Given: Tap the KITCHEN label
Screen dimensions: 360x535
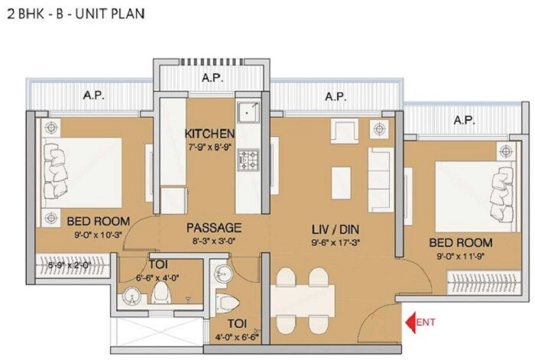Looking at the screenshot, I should tap(209, 134).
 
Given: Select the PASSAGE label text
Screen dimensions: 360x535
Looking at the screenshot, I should tap(215, 228).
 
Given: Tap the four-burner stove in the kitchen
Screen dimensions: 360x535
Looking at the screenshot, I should tap(248, 160).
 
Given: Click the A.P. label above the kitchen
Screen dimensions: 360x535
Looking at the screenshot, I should tap(211, 78).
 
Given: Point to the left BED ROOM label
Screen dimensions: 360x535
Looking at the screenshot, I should tap(98, 222).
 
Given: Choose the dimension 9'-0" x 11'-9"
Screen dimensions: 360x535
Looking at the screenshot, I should tap(462, 255).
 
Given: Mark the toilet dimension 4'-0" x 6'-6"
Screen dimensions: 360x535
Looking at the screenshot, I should tap(235, 336).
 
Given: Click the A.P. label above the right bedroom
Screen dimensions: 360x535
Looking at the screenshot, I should tap(463, 120).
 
